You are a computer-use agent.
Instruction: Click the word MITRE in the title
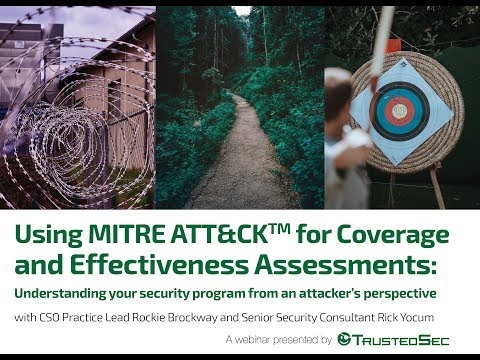127,234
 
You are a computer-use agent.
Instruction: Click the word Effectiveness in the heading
160,264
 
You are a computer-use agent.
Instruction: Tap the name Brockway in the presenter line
192,317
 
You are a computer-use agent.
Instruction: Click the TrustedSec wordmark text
401,340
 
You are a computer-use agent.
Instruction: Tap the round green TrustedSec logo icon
344,339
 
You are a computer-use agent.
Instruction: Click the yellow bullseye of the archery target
399,111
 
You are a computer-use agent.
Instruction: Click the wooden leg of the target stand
437,188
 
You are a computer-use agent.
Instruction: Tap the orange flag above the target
394,45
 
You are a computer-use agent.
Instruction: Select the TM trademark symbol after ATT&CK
279,228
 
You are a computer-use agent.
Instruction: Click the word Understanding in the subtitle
60,294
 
